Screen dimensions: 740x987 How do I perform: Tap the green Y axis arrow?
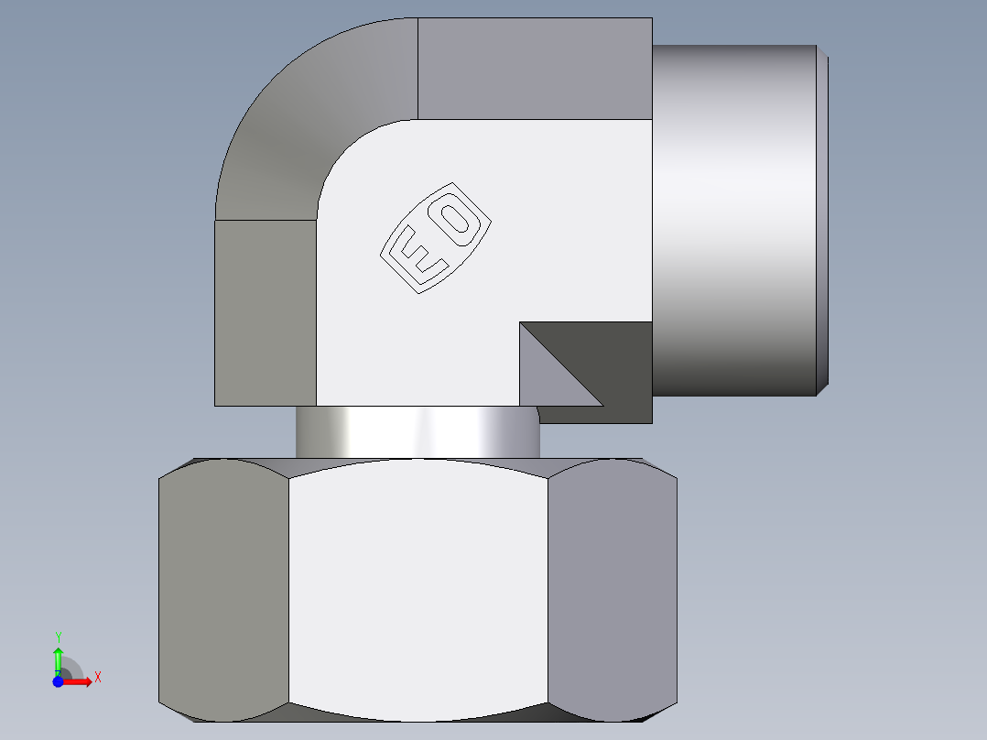pos(58,658)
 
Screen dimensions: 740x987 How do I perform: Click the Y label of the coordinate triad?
pos(58,636)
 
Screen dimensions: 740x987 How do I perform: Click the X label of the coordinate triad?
pos(97,678)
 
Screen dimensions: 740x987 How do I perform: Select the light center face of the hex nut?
pos(418,586)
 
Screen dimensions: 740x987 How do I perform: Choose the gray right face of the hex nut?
pos(612,586)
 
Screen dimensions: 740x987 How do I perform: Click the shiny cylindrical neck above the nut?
pos(418,432)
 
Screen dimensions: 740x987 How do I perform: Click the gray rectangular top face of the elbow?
pos(535,69)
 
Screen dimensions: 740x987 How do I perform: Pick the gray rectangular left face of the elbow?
pos(266,311)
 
